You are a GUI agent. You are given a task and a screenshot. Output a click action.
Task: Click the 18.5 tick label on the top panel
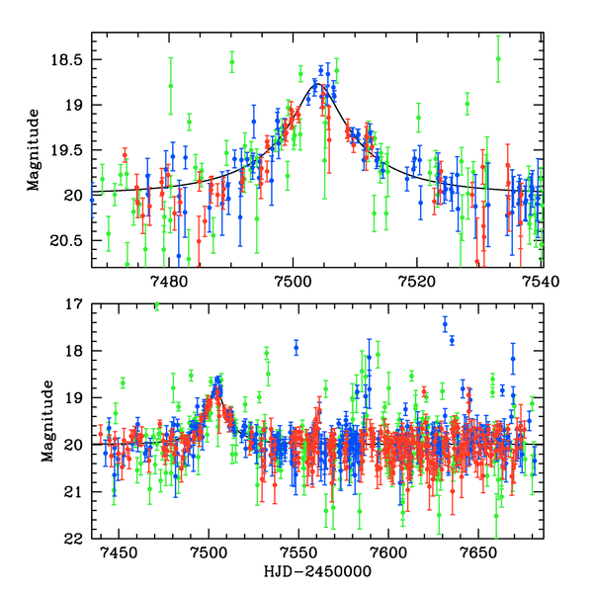[67, 59]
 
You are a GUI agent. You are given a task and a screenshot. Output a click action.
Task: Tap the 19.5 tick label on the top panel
[67, 150]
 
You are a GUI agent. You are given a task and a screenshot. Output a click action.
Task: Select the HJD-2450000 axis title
[316, 572]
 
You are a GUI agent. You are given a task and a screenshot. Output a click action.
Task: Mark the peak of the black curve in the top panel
[319, 84]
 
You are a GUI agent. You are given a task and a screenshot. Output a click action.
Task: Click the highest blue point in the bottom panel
[445, 323]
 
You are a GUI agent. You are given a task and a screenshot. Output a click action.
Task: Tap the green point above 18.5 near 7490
[232, 61]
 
